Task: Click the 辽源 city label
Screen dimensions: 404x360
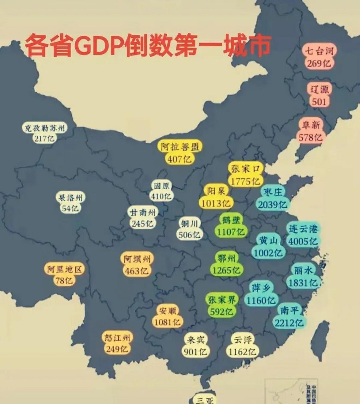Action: [x=319, y=90]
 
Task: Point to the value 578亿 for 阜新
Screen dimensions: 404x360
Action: [x=311, y=137]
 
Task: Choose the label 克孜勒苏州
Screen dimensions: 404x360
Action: [x=45, y=128]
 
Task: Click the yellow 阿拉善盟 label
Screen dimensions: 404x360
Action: [x=180, y=147]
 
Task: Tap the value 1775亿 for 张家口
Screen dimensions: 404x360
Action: [x=245, y=181]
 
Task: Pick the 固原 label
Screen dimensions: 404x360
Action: [x=161, y=185]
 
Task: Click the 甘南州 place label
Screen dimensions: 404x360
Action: [x=143, y=212]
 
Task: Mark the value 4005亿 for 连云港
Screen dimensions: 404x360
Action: [x=303, y=241]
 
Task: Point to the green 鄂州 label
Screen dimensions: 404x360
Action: [x=227, y=258]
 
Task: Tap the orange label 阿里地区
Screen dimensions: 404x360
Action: [x=64, y=269]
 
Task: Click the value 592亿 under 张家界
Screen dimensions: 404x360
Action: [x=222, y=312]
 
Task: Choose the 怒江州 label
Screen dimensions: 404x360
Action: [x=117, y=338]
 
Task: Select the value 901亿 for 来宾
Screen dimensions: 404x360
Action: [x=195, y=351]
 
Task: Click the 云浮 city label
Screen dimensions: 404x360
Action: [x=243, y=340]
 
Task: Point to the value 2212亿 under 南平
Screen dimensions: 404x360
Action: [x=289, y=323]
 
